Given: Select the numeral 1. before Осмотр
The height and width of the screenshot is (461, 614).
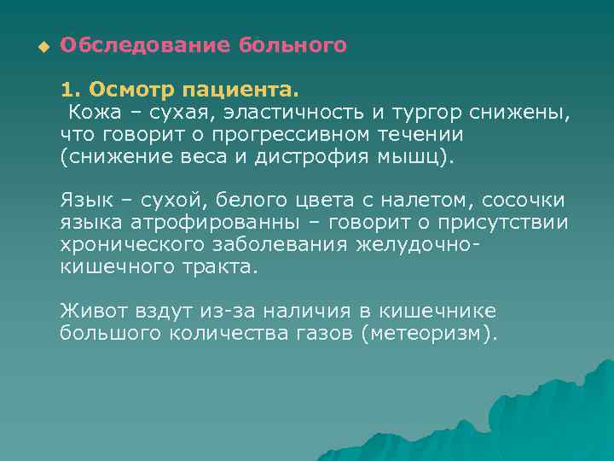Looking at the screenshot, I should click(71, 90).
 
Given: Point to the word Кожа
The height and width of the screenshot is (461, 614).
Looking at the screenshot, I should click(93, 112).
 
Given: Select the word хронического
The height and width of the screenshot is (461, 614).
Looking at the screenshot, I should click(127, 245).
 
